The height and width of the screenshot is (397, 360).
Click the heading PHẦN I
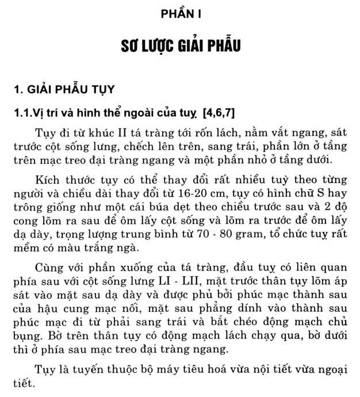click(179, 13)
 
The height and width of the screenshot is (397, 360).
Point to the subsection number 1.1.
click(24, 110)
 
